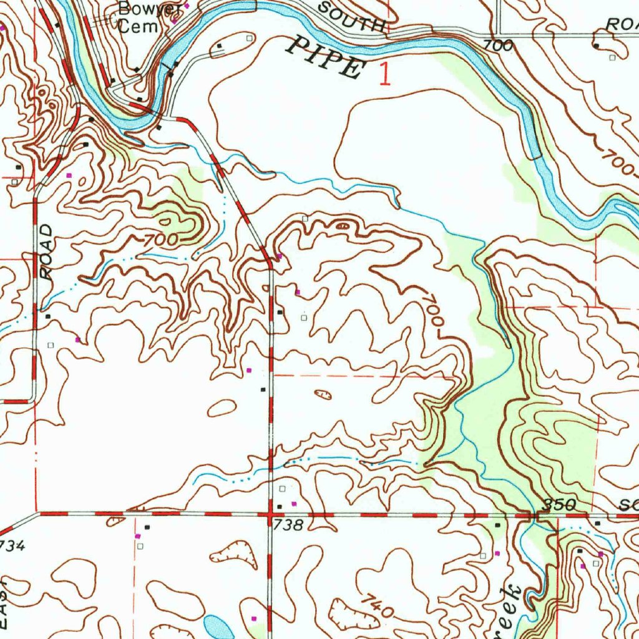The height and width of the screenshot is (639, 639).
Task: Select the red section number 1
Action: (386, 73)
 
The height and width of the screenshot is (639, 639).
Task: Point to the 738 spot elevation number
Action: (289, 526)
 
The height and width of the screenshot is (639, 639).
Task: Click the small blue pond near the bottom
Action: (218, 626)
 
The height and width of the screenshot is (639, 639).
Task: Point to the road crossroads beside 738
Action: (270, 515)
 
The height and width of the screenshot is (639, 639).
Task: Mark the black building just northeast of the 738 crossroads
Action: (280, 505)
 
